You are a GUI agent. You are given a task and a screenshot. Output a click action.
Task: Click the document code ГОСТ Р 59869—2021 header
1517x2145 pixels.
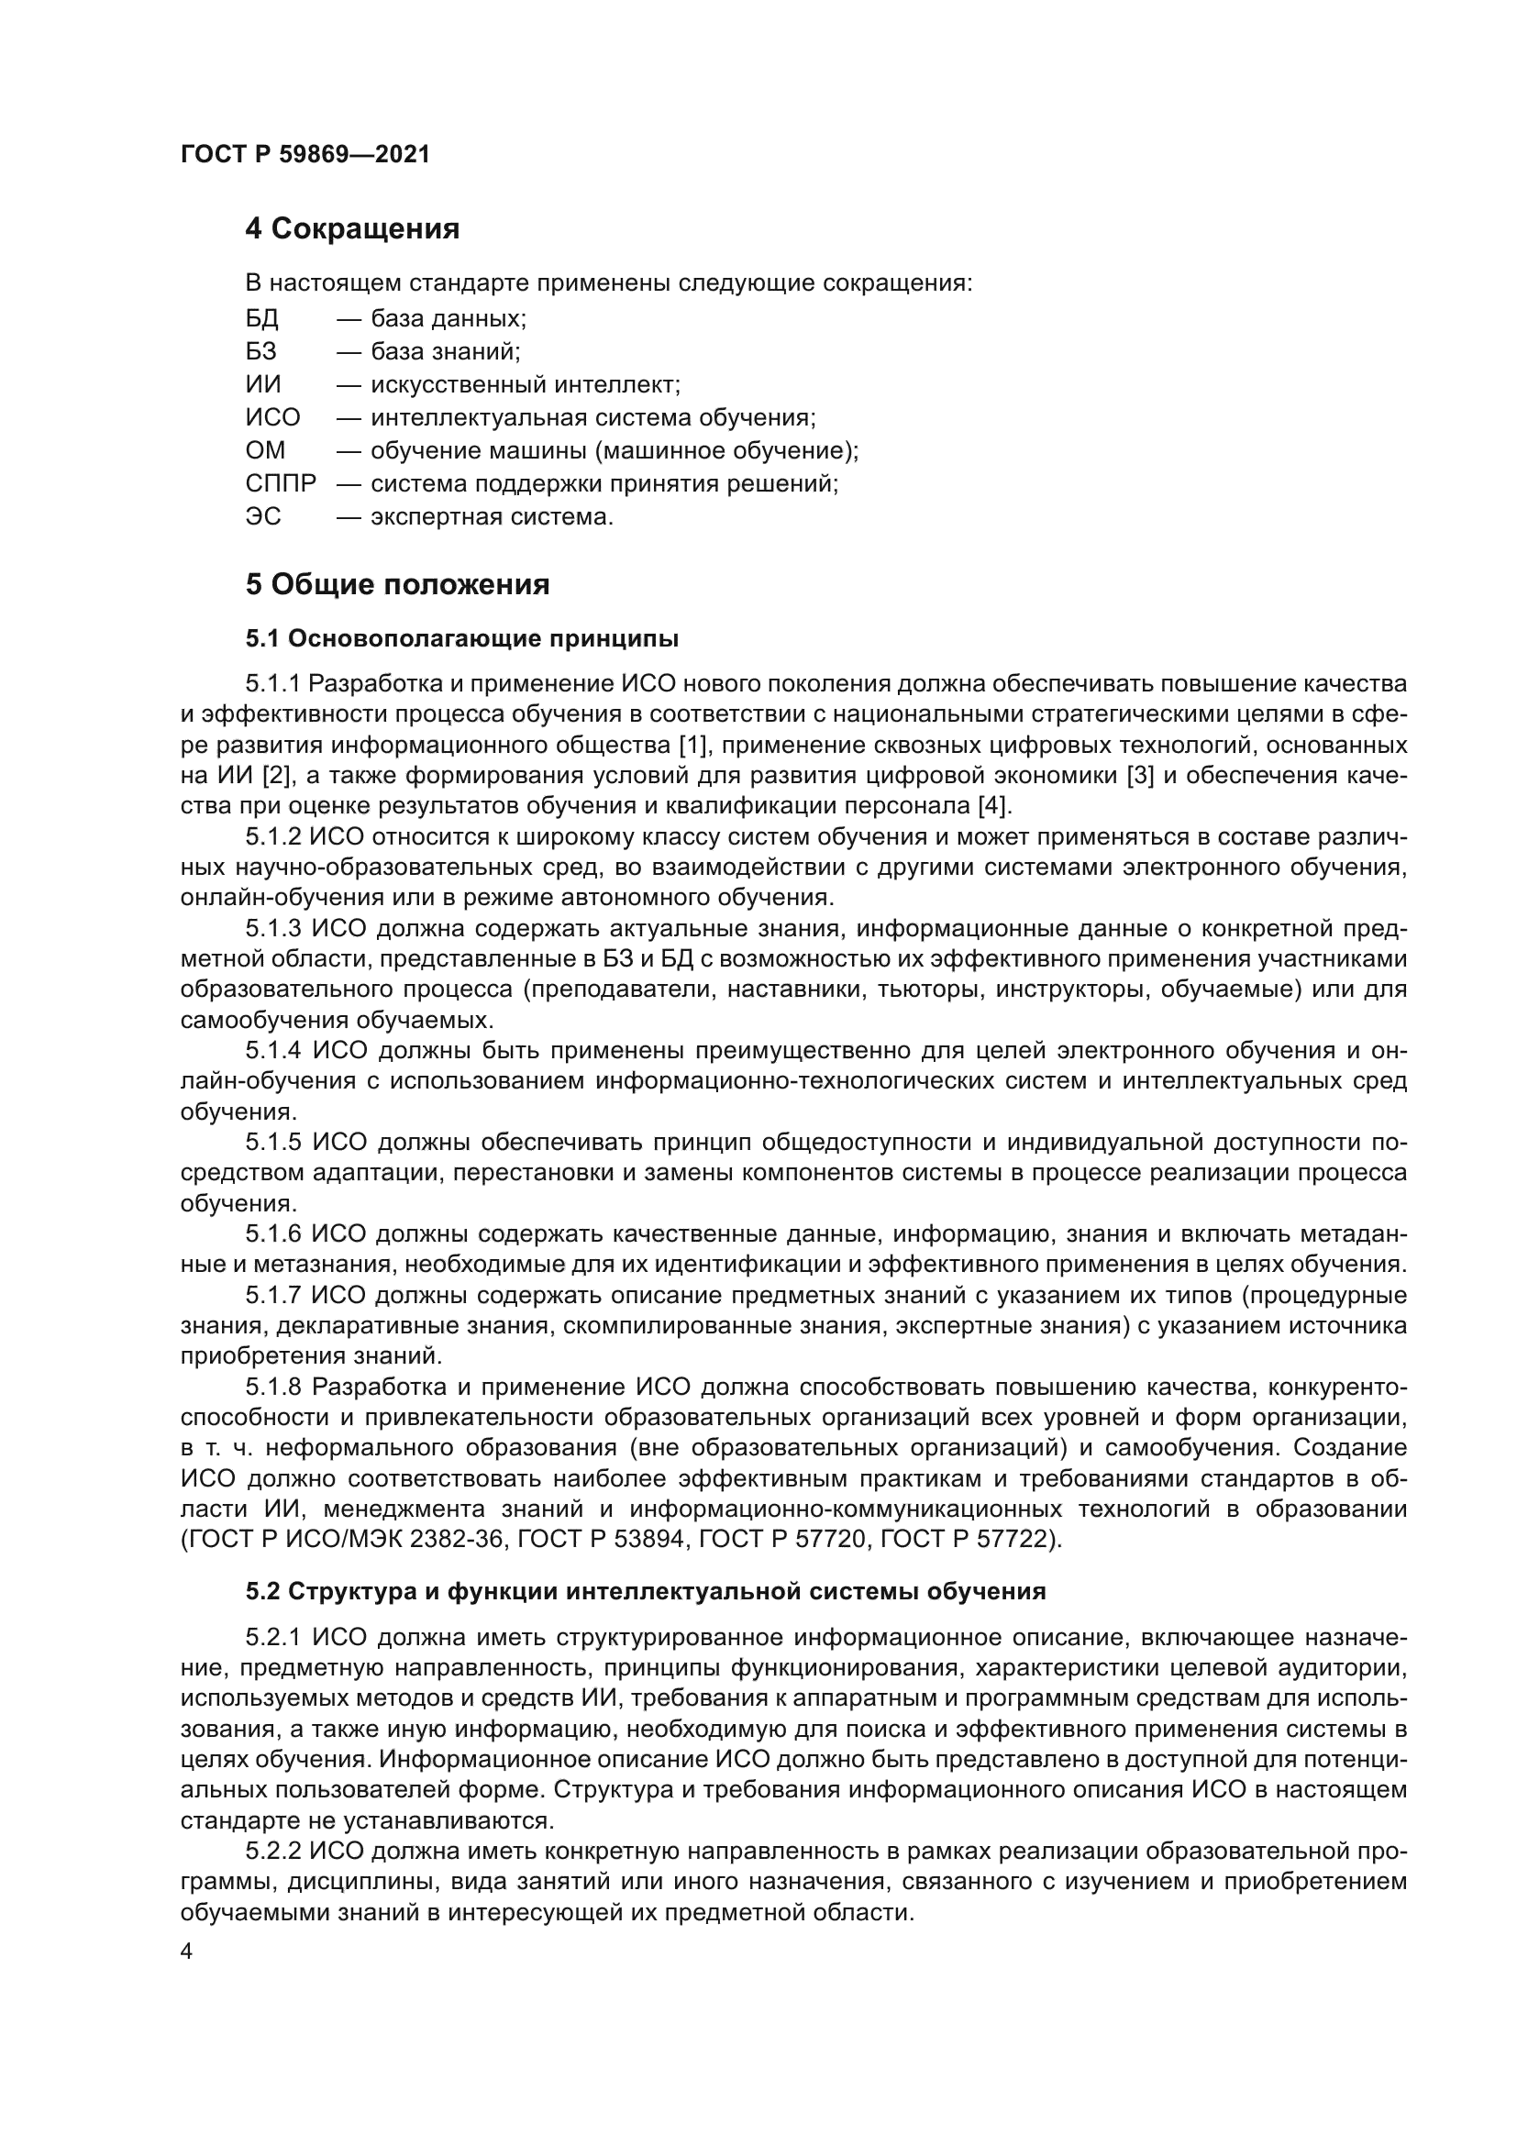(x=305, y=155)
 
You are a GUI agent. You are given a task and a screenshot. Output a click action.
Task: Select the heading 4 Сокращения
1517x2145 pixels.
(x=352, y=229)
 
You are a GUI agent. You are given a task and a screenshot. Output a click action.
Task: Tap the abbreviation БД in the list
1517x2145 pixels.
(x=261, y=318)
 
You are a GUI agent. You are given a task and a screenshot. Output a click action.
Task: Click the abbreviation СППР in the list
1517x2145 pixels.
(x=281, y=483)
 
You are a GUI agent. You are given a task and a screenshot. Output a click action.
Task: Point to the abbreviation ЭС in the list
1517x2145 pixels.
(x=262, y=516)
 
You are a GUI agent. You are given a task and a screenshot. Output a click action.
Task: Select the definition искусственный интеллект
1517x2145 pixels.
(x=525, y=385)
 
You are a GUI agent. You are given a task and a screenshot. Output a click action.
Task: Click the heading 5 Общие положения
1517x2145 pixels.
(x=397, y=585)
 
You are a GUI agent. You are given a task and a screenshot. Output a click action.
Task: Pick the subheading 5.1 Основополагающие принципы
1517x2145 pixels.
(x=461, y=639)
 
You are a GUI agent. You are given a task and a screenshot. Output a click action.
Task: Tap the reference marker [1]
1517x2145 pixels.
(x=696, y=746)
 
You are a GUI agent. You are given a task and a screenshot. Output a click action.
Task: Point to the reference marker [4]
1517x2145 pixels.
(x=992, y=806)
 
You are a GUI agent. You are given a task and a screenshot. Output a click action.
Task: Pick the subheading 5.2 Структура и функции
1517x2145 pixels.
(x=645, y=1592)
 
